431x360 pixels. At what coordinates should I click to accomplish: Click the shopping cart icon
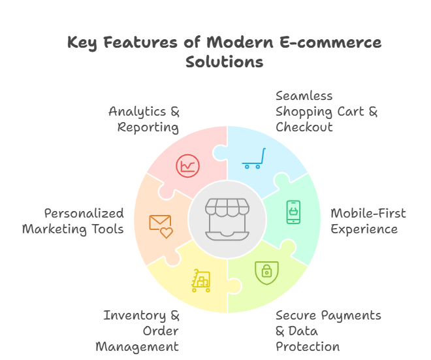pyautogui.click(x=253, y=158)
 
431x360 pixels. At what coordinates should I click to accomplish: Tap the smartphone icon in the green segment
pyautogui.click(x=294, y=212)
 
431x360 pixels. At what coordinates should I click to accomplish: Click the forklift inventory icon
pyautogui.click(x=201, y=280)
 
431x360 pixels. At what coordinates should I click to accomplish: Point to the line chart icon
pyautogui.click(x=188, y=165)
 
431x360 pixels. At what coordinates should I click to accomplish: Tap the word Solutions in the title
pyautogui.click(x=224, y=62)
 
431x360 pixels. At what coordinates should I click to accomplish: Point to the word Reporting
pyautogui.click(x=148, y=127)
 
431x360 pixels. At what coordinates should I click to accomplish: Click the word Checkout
pyautogui.click(x=304, y=127)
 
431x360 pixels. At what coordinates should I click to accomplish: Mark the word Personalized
pyautogui.click(x=84, y=214)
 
